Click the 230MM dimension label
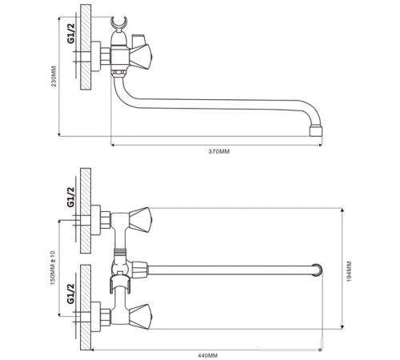click(x=54, y=76)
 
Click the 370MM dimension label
click(x=219, y=151)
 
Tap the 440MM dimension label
click(x=208, y=355)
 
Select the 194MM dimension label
click(x=349, y=271)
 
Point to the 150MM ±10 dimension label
click(x=53, y=267)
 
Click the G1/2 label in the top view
click(x=71, y=34)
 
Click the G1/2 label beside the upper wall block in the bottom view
click(x=70, y=197)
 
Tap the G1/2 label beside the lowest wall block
click(x=70, y=294)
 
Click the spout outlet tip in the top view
click(x=316, y=131)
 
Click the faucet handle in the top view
click(x=141, y=57)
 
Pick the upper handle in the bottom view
click(x=139, y=220)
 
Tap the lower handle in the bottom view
click(x=139, y=317)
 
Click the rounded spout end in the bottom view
click(x=318, y=270)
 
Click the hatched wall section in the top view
click(x=86, y=47)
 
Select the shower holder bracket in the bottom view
click(x=120, y=285)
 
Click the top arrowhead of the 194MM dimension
click(x=342, y=210)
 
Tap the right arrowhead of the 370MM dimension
click(x=321, y=145)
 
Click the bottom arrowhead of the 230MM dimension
click(x=59, y=134)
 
